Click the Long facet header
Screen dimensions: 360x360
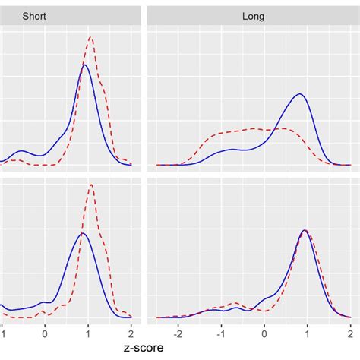pos(253,15)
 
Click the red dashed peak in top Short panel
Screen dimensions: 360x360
pos(90,37)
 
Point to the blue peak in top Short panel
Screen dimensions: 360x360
pos(85,65)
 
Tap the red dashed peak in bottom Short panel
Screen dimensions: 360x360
pos(90,185)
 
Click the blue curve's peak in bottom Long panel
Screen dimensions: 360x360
pos(305,230)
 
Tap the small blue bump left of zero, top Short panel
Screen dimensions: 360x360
pos(22,151)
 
